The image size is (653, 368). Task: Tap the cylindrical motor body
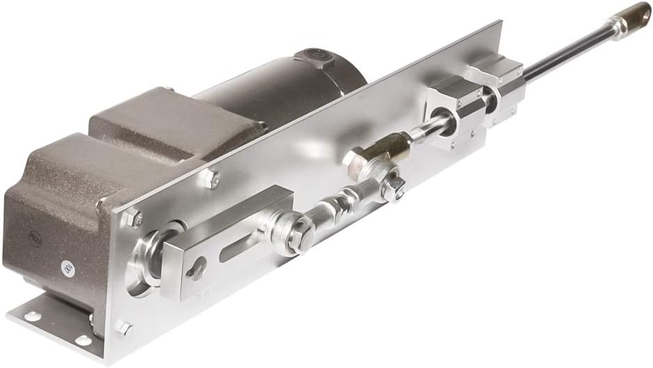[x=293, y=91]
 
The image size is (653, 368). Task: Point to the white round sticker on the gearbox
[x=68, y=266]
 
